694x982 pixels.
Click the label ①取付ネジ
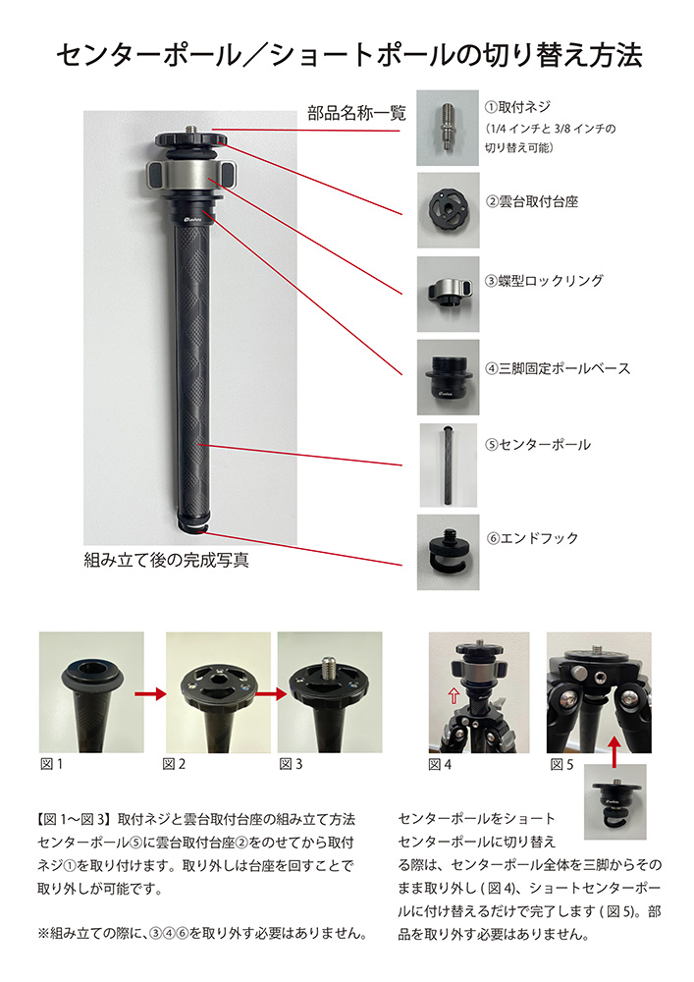pyautogui.click(x=517, y=107)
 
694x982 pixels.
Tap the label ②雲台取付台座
pyautogui.click(x=532, y=201)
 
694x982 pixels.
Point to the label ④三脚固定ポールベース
pyautogui.click(x=558, y=369)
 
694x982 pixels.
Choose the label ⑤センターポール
pyautogui.click(x=538, y=445)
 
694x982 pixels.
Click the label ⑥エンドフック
pyautogui.click(x=533, y=538)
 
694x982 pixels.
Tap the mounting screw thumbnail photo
pyautogui.click(x=448, y=128)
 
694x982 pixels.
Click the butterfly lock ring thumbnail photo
pyautogui.click(x=448, y=294)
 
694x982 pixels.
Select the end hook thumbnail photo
pyautogui.click(x=448, y=552)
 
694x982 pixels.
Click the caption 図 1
pyautogui.click(x=51, y=764)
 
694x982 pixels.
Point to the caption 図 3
pyautogui.click(x=291, y=764)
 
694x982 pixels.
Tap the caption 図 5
pyautogui.click(x=561, y=765)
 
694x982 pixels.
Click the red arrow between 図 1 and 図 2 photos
pyautogui.click(x=150, y=693)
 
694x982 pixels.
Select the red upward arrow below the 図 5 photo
pyautogui.click(x=615, y=751)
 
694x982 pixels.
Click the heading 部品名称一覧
pyautogui.click(x=356, y=113)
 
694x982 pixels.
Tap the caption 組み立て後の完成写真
pyautogui.click(x=167, y=560)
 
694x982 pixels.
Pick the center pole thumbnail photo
pyautogui.click(x=448, y=465)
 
